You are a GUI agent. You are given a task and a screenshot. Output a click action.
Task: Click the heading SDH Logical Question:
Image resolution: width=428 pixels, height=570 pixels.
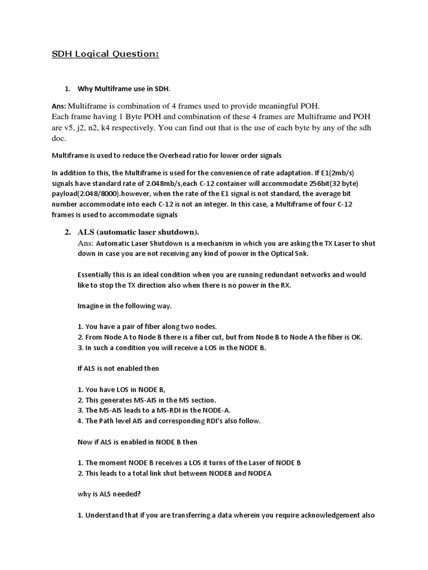point(105,54)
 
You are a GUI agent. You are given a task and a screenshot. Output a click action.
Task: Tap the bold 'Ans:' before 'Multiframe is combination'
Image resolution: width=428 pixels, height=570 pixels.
point(59,106)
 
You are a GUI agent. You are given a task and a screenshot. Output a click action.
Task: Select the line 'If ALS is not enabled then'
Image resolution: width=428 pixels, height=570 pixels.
point(118,368)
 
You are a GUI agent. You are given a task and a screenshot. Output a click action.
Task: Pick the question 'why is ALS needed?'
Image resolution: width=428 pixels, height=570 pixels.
point(111,494)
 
